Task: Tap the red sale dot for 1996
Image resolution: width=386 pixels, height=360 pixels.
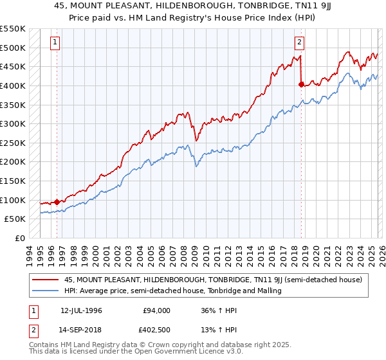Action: click(57, 202)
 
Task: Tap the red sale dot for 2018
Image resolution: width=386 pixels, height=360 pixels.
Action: click(301, 84)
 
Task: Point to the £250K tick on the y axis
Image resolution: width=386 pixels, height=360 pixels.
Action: click(14, 143)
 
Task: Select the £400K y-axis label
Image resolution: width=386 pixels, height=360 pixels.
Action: click(14, 85)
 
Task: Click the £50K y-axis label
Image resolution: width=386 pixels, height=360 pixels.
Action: click(16, 219)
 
